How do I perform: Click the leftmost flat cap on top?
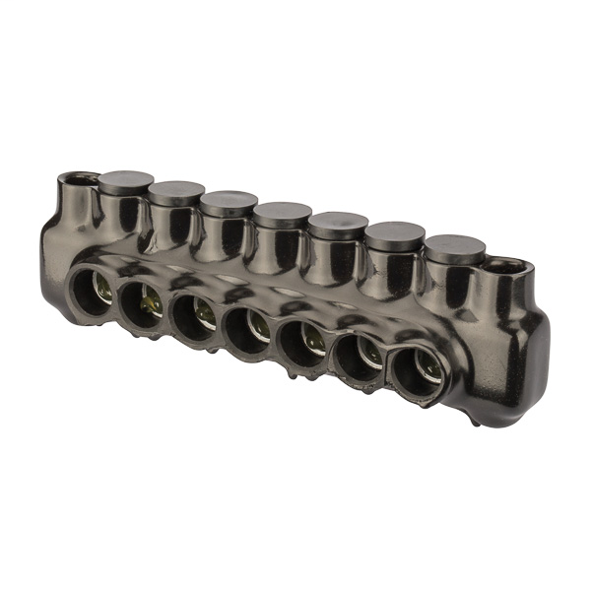coord(125,181)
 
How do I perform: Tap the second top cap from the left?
coord(177,191)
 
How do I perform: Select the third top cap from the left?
coord(229,201)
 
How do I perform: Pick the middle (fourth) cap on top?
coord(282,212)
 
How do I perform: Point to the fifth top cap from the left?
coord(337,224)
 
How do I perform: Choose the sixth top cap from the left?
coord(394,235)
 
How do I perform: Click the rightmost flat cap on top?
coord(453,246)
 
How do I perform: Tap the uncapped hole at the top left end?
coord(75,180)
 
